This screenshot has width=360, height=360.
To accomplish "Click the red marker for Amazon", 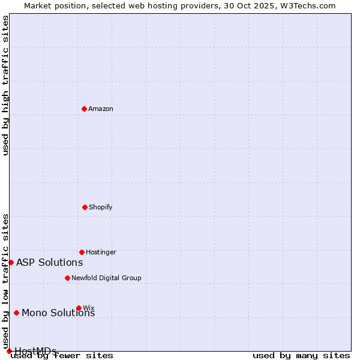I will [x=84, y=109].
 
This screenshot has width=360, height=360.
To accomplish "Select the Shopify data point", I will [x=85, y=207].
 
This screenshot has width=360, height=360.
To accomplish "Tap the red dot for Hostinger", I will [x=82, y=252].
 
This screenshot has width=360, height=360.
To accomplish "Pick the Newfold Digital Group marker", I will [x=67, y=278].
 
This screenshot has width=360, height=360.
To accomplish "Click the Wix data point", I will [x=79, y=308].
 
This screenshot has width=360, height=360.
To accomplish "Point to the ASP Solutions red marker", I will [x=11, y=262].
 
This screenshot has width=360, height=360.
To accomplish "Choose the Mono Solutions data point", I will [x=16, y=313].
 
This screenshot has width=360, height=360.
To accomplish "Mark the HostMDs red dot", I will [x=9, y=351].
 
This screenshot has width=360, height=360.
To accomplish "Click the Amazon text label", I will [x=101, y=109].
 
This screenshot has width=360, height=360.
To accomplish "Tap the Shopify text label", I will [x=101, y=207].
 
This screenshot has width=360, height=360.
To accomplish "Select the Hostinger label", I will [x=101, y=252].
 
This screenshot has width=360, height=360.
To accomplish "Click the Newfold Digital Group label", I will [x=106, y=278].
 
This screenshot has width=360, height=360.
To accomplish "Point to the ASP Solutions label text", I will [x=50, y=262].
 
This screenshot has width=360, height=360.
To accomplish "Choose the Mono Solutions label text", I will [x=58, y=313].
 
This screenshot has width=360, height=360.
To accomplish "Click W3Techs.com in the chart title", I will [x=308, y=5].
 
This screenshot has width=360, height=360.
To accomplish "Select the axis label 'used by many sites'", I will [x=301, y=355].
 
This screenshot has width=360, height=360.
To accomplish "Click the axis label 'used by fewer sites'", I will [x=62, y=355].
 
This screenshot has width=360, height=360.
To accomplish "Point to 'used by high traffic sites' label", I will [x=5, y=85].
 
